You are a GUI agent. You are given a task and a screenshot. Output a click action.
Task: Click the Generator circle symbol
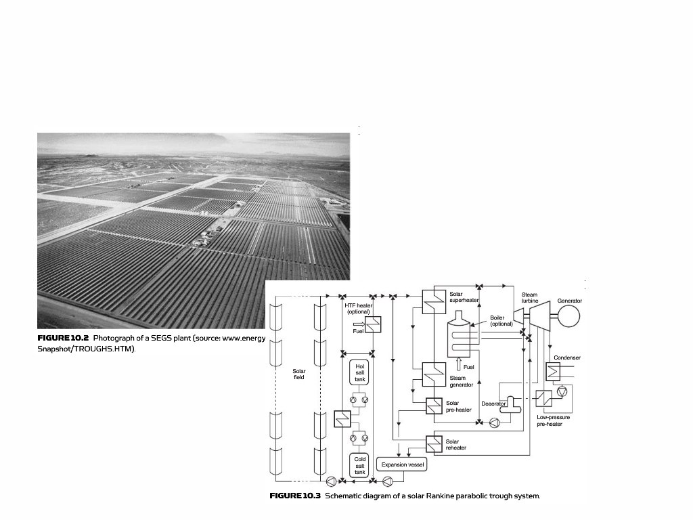[569, 316]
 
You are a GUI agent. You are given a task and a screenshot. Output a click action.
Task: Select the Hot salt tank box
[359, 373]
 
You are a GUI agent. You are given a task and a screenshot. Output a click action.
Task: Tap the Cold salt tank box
[359, 466]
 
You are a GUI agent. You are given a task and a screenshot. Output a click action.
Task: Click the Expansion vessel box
[403, 465]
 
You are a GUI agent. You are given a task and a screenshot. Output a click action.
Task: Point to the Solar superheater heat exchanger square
[433, 301]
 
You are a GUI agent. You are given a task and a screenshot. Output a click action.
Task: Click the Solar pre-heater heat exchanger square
[434, 406]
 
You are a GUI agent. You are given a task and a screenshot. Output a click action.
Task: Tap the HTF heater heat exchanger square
[373, 325]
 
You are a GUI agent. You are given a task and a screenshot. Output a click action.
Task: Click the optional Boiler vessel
[461, 336]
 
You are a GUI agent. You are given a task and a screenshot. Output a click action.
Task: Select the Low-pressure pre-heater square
[544, 399]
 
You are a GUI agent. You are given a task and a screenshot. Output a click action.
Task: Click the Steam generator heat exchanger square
[433, 372]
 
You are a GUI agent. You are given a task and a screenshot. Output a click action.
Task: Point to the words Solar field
[298, 374]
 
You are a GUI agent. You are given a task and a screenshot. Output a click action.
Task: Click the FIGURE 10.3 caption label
[295, 496]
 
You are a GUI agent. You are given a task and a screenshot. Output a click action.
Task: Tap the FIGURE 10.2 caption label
[63, 338]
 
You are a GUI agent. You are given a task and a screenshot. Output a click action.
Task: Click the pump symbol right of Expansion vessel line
[388, 481]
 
